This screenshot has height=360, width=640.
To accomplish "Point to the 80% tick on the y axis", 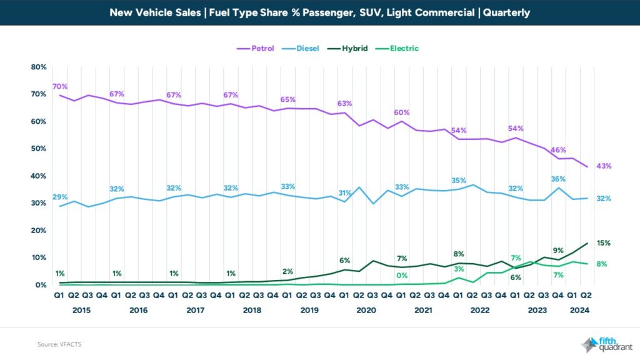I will click(39, 67).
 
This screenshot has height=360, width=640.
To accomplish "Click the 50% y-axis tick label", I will click(39, 149).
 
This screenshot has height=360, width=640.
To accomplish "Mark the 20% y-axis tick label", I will click(39, 231).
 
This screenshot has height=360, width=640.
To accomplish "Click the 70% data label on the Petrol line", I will click(60, 86).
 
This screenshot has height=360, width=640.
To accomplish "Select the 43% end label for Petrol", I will click(603, 166).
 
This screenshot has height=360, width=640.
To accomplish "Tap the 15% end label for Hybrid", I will click(603, 243).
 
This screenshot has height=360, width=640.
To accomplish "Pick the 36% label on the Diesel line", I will click(557, 179).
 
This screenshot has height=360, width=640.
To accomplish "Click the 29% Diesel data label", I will click(60, 197).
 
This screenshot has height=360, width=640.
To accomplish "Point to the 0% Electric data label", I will click(401, 276).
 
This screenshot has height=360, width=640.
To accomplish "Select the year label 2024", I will click(579, 310).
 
